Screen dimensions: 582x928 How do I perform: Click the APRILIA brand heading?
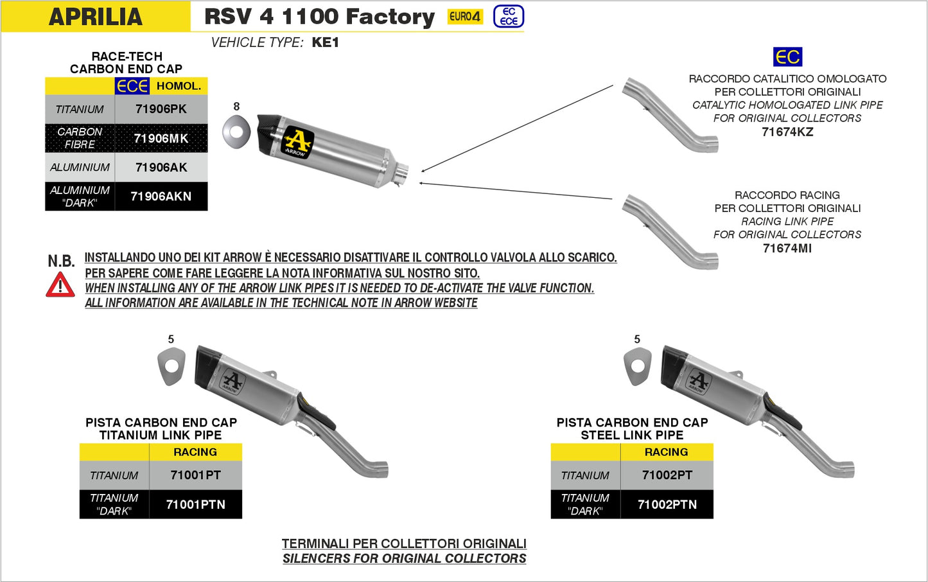[95, 17]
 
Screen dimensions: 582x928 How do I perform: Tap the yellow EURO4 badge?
[465, 17]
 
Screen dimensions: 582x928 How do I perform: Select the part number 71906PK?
[161, 109]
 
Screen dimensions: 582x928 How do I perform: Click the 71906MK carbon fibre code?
[161, 138]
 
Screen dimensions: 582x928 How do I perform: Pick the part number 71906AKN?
[161, 197]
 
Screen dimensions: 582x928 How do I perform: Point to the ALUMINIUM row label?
[80, 168]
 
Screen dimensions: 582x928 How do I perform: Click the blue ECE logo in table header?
[132, 86]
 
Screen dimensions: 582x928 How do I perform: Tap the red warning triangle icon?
[60, 285]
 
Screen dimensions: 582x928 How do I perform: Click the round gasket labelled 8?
[236, 131]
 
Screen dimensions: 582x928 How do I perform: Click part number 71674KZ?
[787, 132]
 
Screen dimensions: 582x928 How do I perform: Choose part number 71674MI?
[787, 249]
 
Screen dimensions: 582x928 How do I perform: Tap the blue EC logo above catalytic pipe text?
[787, 57]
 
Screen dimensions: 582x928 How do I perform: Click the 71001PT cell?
[195, 475]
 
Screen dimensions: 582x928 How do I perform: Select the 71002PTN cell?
[667, 505]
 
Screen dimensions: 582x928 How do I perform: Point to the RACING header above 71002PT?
[666, 452]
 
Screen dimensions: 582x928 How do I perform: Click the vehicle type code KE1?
[325, 42]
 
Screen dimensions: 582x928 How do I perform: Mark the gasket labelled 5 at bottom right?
[637, 367]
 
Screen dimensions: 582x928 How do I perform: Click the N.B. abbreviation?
[61, 261]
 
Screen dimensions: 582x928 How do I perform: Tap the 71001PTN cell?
[195, 505]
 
